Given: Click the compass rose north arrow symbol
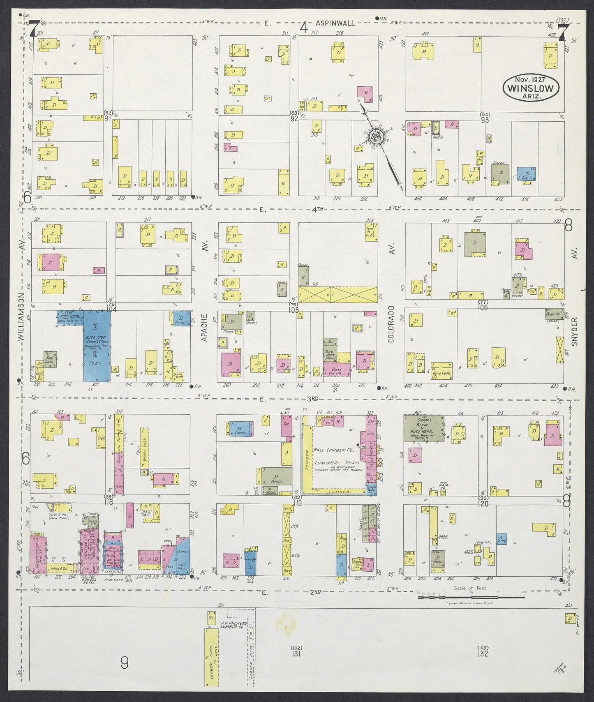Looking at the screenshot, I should tap(377, 137).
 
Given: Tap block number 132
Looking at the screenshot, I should tap(483, 653).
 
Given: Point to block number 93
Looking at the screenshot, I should tap(484, 119).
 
